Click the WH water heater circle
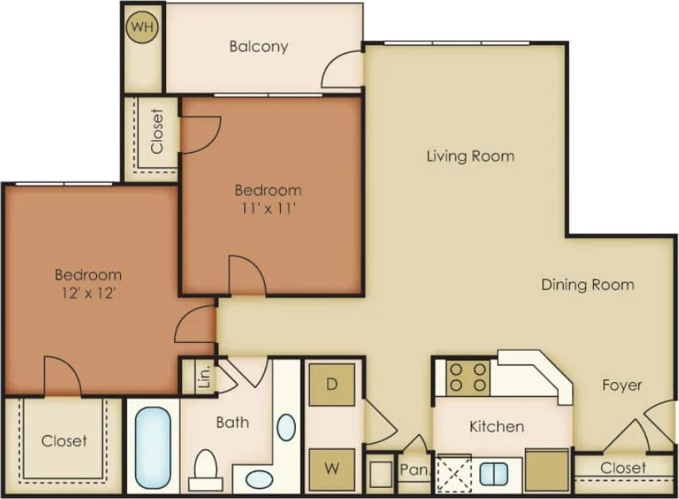(x=143, y=27)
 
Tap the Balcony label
(x=258, y=46)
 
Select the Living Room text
(x=470, y=156)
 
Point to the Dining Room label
(x=588, y=285)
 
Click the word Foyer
(x=622, y=385)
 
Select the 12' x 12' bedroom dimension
(x=87, y=293)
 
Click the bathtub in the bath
(x=153, y=447)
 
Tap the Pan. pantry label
(x=413, y=470)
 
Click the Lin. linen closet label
(x=188, y=377)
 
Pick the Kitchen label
(x=496, y=427)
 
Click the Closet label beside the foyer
(x=623, y=468)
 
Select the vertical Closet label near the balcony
(x=157, y=131)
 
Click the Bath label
(x=232, y=423)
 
